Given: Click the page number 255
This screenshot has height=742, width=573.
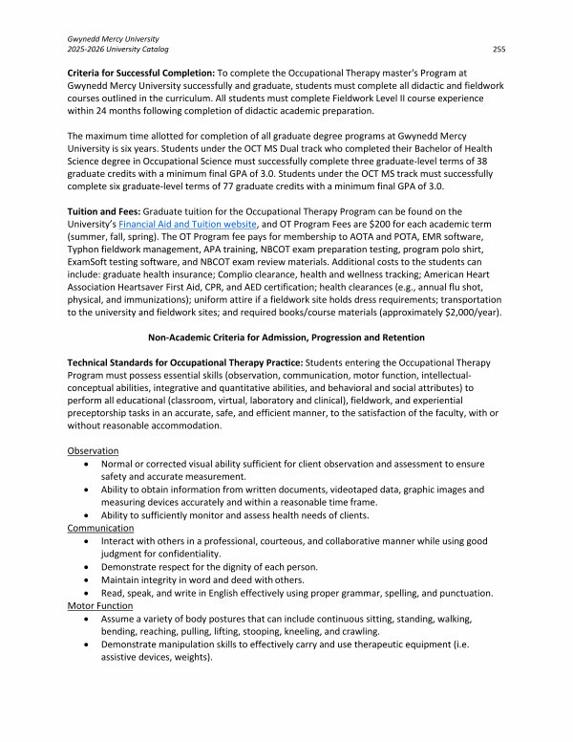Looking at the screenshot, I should point(499,48).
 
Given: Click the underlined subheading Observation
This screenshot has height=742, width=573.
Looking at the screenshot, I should point(93,450).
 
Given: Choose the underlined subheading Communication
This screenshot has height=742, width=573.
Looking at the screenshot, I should point(100,527).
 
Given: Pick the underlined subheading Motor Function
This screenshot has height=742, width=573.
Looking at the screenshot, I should point(101,605).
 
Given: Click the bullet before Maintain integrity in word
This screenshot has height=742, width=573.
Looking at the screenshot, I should point(89,579).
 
